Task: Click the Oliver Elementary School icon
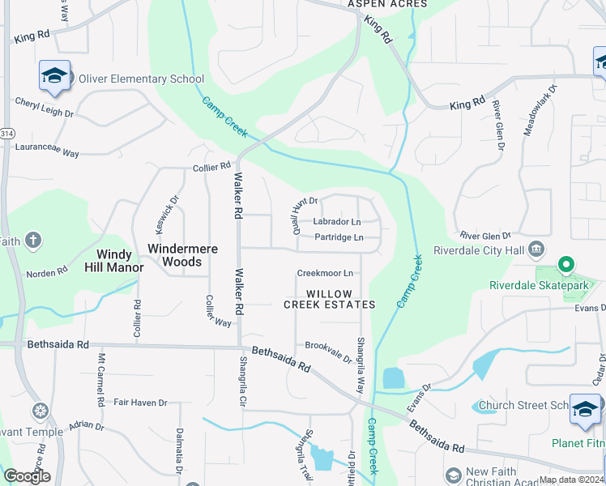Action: [54, 76]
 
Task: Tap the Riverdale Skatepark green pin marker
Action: [566, 265]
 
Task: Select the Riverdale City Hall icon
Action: [536, 249]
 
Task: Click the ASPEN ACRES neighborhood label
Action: [387, 4]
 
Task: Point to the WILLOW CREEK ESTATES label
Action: [329, 299]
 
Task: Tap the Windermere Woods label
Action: [182, 255]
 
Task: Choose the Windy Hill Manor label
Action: [114, 260]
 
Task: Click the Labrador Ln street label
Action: [336, 221]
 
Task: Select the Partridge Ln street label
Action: [339, 237]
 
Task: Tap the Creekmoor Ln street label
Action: [325, 274]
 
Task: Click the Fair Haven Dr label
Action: [139, 402]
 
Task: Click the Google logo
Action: [28, 475]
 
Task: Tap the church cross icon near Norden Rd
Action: [32, 241]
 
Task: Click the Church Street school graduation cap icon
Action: [585, 409]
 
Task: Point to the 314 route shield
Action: [6, 133]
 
